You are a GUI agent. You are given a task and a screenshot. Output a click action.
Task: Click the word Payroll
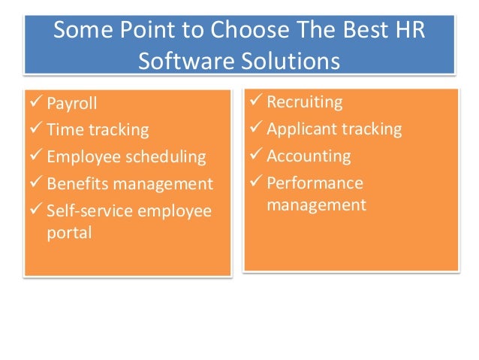tap(71, 103)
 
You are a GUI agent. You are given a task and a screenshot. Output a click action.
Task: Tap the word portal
tap(69, 233)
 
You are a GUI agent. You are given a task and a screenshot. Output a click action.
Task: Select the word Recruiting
tap(305, 101)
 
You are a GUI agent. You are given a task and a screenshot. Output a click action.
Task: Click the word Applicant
tap(302, 129)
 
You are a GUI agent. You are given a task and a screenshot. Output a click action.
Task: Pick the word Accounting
tap(309, 156)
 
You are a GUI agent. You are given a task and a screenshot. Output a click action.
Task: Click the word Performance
tap(315, 183)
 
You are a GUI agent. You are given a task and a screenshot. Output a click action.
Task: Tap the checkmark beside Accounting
tap(255, 156)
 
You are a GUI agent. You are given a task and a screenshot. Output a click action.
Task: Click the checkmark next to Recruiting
tap(255, 101)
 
